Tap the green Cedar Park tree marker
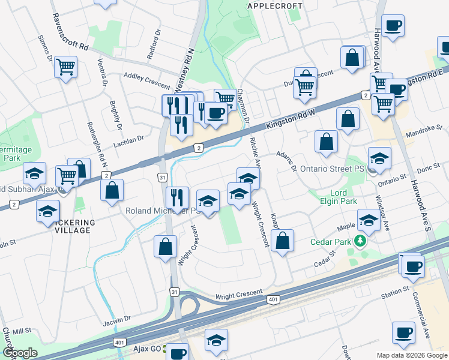360,241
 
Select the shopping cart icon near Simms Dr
65,67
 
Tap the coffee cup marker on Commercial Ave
403,332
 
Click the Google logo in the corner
19,353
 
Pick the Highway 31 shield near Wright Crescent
174,292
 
